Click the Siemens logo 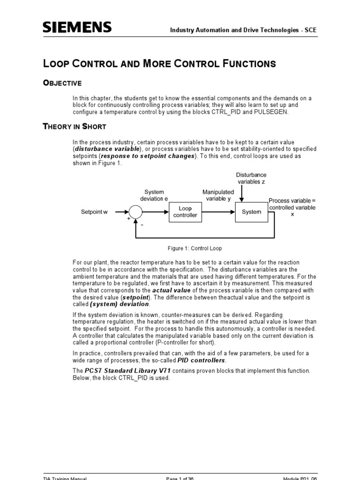(77, 28)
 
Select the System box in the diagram (251, 212)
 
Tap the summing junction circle (135, 212)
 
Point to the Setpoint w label (94, 212)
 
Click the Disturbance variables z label (251, 178)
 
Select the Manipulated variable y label (218, 195)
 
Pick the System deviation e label (154, 195)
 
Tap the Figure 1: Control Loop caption (195, 248)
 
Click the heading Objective (62, 83)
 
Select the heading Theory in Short (75, 127)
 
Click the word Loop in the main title (57, 64)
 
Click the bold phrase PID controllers (202, 360)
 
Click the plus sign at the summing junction (127, 218)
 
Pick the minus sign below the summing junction (142, 225)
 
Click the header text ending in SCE (243, 30)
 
